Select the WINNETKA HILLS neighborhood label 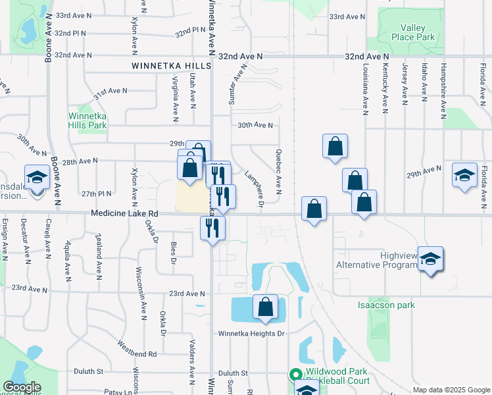(x=171, y=66)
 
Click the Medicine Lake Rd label (x=125, y=213)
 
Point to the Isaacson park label (x=385, y=305)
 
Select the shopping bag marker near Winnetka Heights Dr (x=265, y=307)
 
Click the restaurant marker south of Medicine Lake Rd (x=212, y=228)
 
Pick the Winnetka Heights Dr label (x=251, y=334)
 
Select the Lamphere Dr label (x=254, y=191)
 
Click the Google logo (x=21, y=387)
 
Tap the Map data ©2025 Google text (x=451, y=390)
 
